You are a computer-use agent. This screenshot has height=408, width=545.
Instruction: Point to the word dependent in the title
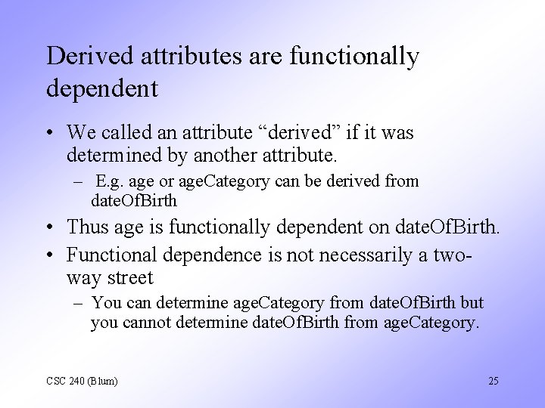coord(101,88)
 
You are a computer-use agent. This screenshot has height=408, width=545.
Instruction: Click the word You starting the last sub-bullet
coord(104,303)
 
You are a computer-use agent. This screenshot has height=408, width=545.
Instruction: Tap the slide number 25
coord(493,381)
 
